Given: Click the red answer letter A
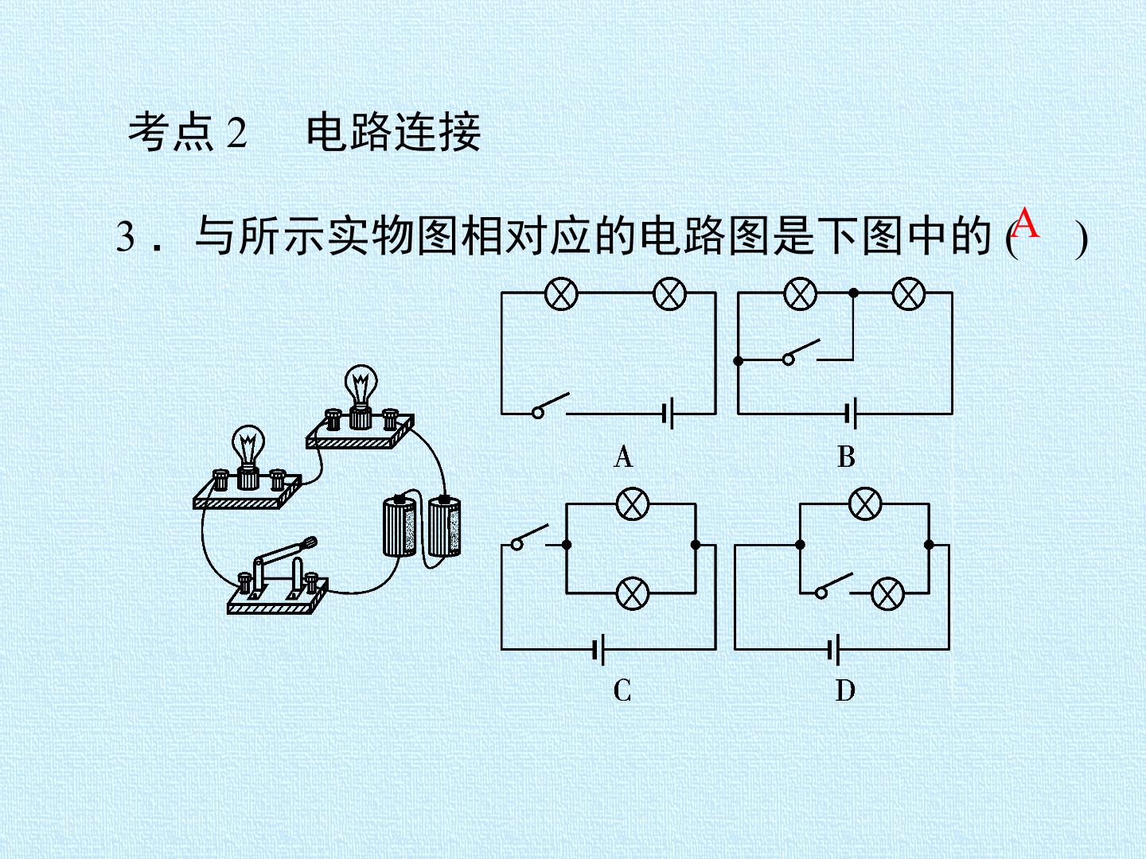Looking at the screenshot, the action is tap(1025, 223).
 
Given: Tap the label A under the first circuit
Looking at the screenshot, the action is tap(623, 457).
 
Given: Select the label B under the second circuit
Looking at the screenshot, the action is tap(846, 457).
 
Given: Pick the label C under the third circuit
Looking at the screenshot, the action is tap(622, 690).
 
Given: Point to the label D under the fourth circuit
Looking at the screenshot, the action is tap(845, 690).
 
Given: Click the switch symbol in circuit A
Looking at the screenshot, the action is tap(550, 406).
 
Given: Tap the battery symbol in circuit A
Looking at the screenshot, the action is tap(668, 414).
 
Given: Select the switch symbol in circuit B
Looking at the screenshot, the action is tap(801, 352).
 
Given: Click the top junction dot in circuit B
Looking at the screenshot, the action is tap(854, 293).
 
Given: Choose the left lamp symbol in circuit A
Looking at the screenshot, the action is tap(561, 293).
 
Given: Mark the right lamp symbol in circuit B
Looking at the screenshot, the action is tap(909, 293).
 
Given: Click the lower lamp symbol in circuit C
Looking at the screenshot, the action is tap(633, 593).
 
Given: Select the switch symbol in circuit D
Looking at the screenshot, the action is tap(834, 585).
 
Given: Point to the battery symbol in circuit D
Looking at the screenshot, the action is tap(834, 649).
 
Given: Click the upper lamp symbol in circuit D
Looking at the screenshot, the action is tap(866, 503).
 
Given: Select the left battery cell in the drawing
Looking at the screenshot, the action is tap(400, 526).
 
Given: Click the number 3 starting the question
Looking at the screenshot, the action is tap(125, 236).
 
